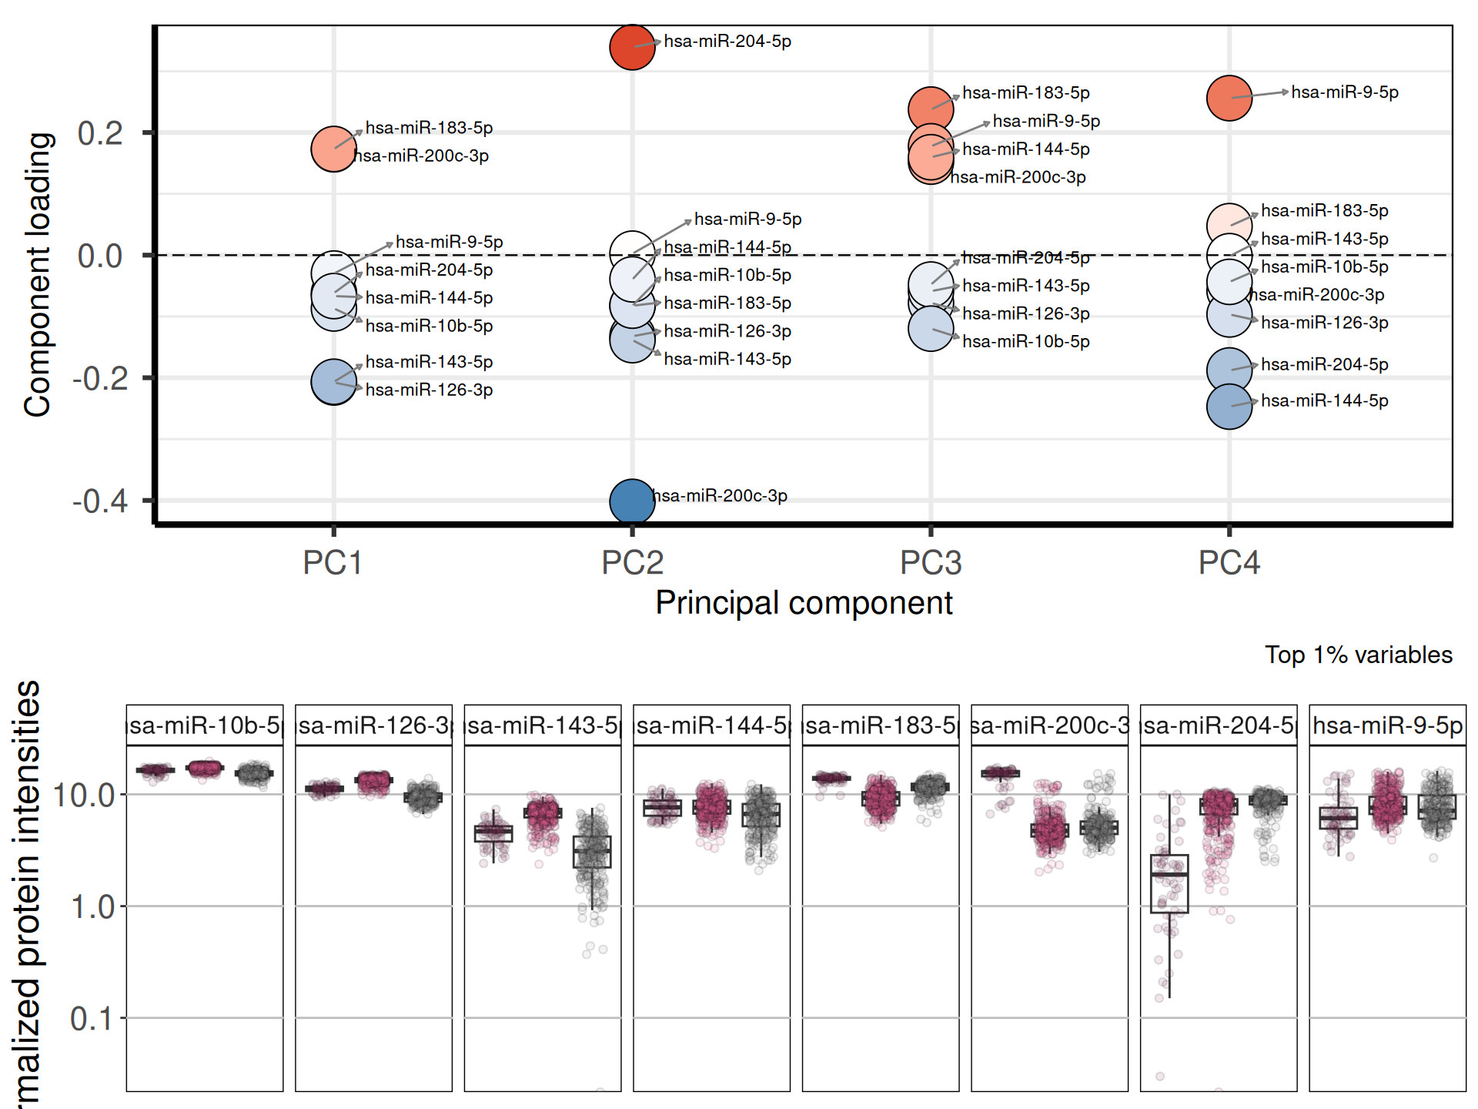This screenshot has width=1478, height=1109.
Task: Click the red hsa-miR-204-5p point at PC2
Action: coord(632,47)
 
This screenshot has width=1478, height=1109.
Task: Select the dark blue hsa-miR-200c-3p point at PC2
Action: coord(632,501)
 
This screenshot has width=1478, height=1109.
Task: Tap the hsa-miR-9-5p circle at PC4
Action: coord(1229,99)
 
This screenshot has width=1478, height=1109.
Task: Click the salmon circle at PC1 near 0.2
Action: coord(333,149)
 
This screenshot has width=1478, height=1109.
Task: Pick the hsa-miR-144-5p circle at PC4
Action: coord(1229,406)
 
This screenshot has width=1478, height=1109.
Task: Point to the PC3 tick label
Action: coord(931,563)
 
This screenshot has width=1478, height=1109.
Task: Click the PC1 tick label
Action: coord(333,563)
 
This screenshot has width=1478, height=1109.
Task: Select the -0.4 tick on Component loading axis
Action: coord(100,501)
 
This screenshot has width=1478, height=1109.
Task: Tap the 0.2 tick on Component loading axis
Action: coord(100,133)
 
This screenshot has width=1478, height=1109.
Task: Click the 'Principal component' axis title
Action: coord(804,603)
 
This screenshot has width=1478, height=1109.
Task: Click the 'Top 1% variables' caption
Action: coord(1358,655)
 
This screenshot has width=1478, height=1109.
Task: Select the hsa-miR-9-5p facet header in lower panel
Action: coord(1387,725)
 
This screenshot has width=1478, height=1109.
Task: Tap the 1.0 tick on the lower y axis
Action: coord(92,907)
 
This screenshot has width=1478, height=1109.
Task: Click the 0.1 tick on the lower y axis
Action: coord(92,1019)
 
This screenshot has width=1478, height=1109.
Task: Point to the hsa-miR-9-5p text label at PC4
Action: coord(1345,92)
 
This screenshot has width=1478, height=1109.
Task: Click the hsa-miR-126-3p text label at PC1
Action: coord(429,390)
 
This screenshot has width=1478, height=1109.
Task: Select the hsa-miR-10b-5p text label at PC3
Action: coord(1026,341)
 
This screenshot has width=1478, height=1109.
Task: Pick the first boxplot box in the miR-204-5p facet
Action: coord(1169,883)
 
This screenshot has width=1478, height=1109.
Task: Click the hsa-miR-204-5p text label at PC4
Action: coord(1325,364)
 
